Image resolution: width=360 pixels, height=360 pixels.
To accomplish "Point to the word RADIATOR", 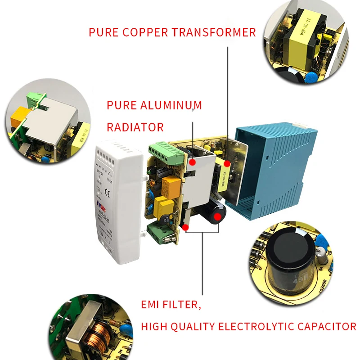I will pos(135,127).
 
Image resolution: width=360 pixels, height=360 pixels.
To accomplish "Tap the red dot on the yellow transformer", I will pos(227,162).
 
